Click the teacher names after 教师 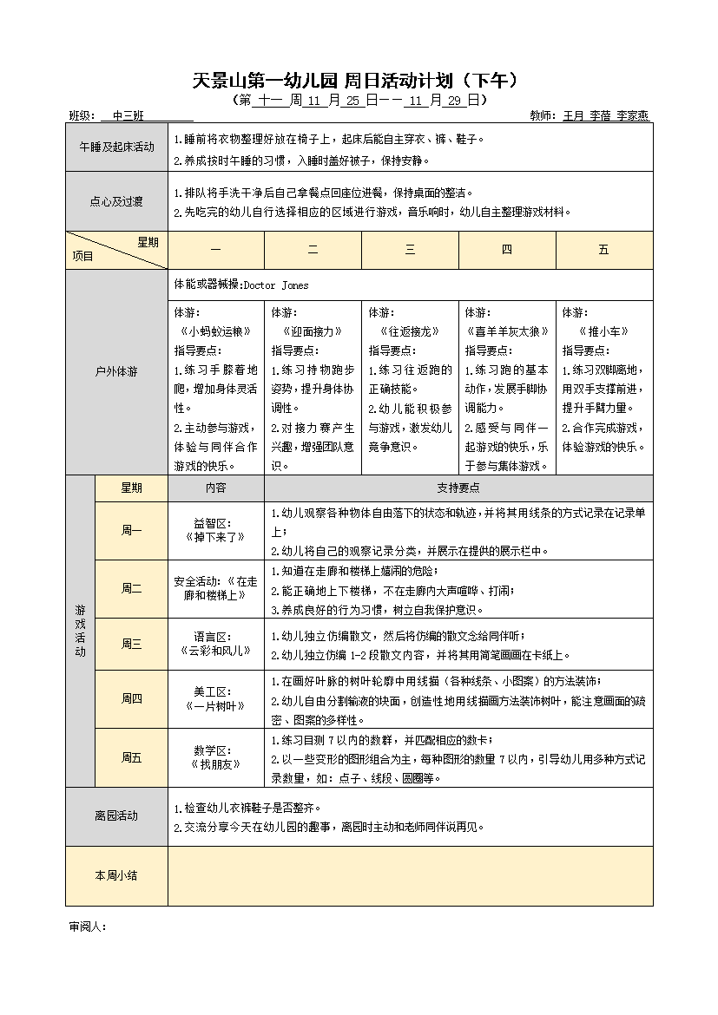coord(606,115)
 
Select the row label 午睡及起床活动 coord(116,147)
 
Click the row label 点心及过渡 coord(116,201)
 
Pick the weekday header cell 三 coord(410,250)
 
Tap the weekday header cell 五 coord(603,250)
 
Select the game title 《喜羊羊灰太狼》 coord(507,331)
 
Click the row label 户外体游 coord(116,371)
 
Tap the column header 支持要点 coord(458,488)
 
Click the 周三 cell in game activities coord(131,644)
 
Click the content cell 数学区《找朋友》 coord(215,757)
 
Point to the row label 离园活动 coord(116,816)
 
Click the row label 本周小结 coord(116,875)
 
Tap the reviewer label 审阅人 coord(87,927)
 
